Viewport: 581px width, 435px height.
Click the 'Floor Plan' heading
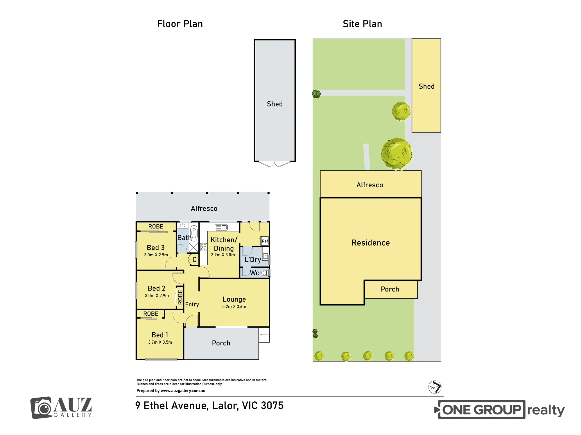(x=180, y=24)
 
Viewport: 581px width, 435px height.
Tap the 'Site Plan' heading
(x=362, y=24)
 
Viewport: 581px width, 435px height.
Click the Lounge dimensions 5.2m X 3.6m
(x=234, y=307)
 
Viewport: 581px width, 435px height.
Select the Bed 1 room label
(x=160, y=335)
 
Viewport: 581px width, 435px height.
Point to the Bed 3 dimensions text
(x=156, y=255)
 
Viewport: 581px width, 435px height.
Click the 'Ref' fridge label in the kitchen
(x=265, y=241)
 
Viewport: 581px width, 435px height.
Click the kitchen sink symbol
(x=221, y=227)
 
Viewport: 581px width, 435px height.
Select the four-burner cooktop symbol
(x=204, y=247)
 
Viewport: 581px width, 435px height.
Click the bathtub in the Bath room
(x=194, y=234)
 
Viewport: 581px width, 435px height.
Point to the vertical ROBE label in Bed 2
(x=180, y=297)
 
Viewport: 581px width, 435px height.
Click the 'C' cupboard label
(x=194, y=260)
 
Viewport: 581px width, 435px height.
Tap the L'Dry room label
(x=253, y=260)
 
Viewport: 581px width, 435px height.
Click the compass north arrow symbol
(x=435, y=387)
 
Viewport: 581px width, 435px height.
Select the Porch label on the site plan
(x=390, y=289)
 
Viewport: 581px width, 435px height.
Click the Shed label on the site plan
(x=426, y=86)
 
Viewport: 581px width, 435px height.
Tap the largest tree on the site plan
(x=397, y=154)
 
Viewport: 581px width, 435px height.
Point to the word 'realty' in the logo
(x=546, y=410)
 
